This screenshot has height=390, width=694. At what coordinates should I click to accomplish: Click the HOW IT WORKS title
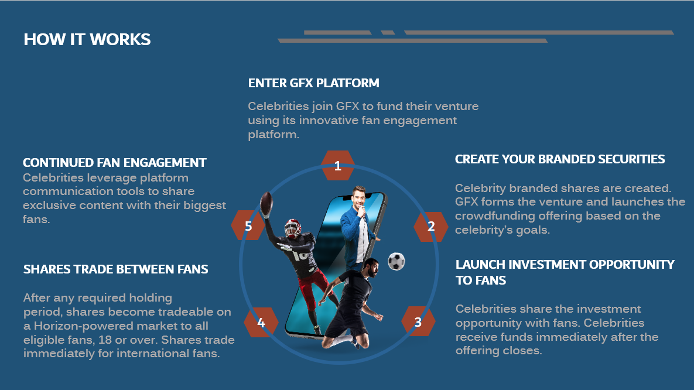[x=87, y=39]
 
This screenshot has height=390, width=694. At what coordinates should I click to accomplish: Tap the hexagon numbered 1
[x=338, y=166]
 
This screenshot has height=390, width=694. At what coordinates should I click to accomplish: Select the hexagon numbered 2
[x=430, y=226]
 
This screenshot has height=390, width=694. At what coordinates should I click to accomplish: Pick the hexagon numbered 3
[x=418, y=322]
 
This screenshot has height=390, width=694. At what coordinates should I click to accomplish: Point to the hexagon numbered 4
[x=261, y=322]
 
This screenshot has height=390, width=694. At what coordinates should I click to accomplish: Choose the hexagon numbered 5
[x=248, y=226]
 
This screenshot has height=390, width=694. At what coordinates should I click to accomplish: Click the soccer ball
[x=396, y=261]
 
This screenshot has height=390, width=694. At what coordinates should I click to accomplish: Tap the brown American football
[x=266, y=204]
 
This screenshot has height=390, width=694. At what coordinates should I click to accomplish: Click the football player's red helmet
[x=292, y=228]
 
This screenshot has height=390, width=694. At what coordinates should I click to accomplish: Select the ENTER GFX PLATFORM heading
[x=313, y=83]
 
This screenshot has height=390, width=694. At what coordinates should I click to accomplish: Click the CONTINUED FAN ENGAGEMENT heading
[x=114, y=162]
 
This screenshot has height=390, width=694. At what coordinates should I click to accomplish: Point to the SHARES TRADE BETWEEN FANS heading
[x=115, y=269]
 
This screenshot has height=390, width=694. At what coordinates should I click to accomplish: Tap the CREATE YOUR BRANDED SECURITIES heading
[x=560, y=159]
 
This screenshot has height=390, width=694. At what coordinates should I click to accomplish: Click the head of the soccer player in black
[x=371, y=266]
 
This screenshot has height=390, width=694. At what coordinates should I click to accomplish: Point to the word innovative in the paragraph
[x=329, y=121]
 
